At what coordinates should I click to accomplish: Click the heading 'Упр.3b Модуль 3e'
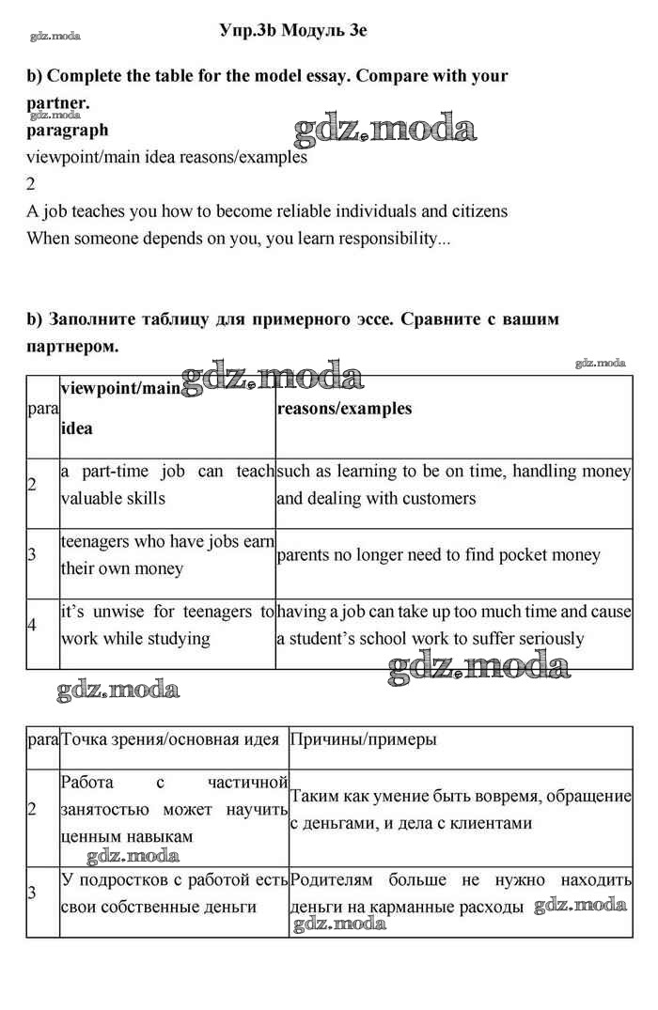(292, 30)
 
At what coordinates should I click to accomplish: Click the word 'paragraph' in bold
(67, 131)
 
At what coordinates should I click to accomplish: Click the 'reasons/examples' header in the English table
(344, 409)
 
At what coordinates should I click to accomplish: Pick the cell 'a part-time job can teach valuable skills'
(167, 485)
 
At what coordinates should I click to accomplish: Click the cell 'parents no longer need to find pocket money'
(438, 555)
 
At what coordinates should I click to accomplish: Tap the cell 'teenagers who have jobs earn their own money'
(167, 555)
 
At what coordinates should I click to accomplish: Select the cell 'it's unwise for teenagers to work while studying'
(167, 626)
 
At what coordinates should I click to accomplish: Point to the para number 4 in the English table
(32, 625)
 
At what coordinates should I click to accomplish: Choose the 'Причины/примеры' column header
(363, 739)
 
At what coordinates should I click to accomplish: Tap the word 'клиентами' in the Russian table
(493, 823)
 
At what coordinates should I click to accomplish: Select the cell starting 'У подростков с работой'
(173, 893)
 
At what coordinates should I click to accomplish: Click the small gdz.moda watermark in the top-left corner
(55, 37)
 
